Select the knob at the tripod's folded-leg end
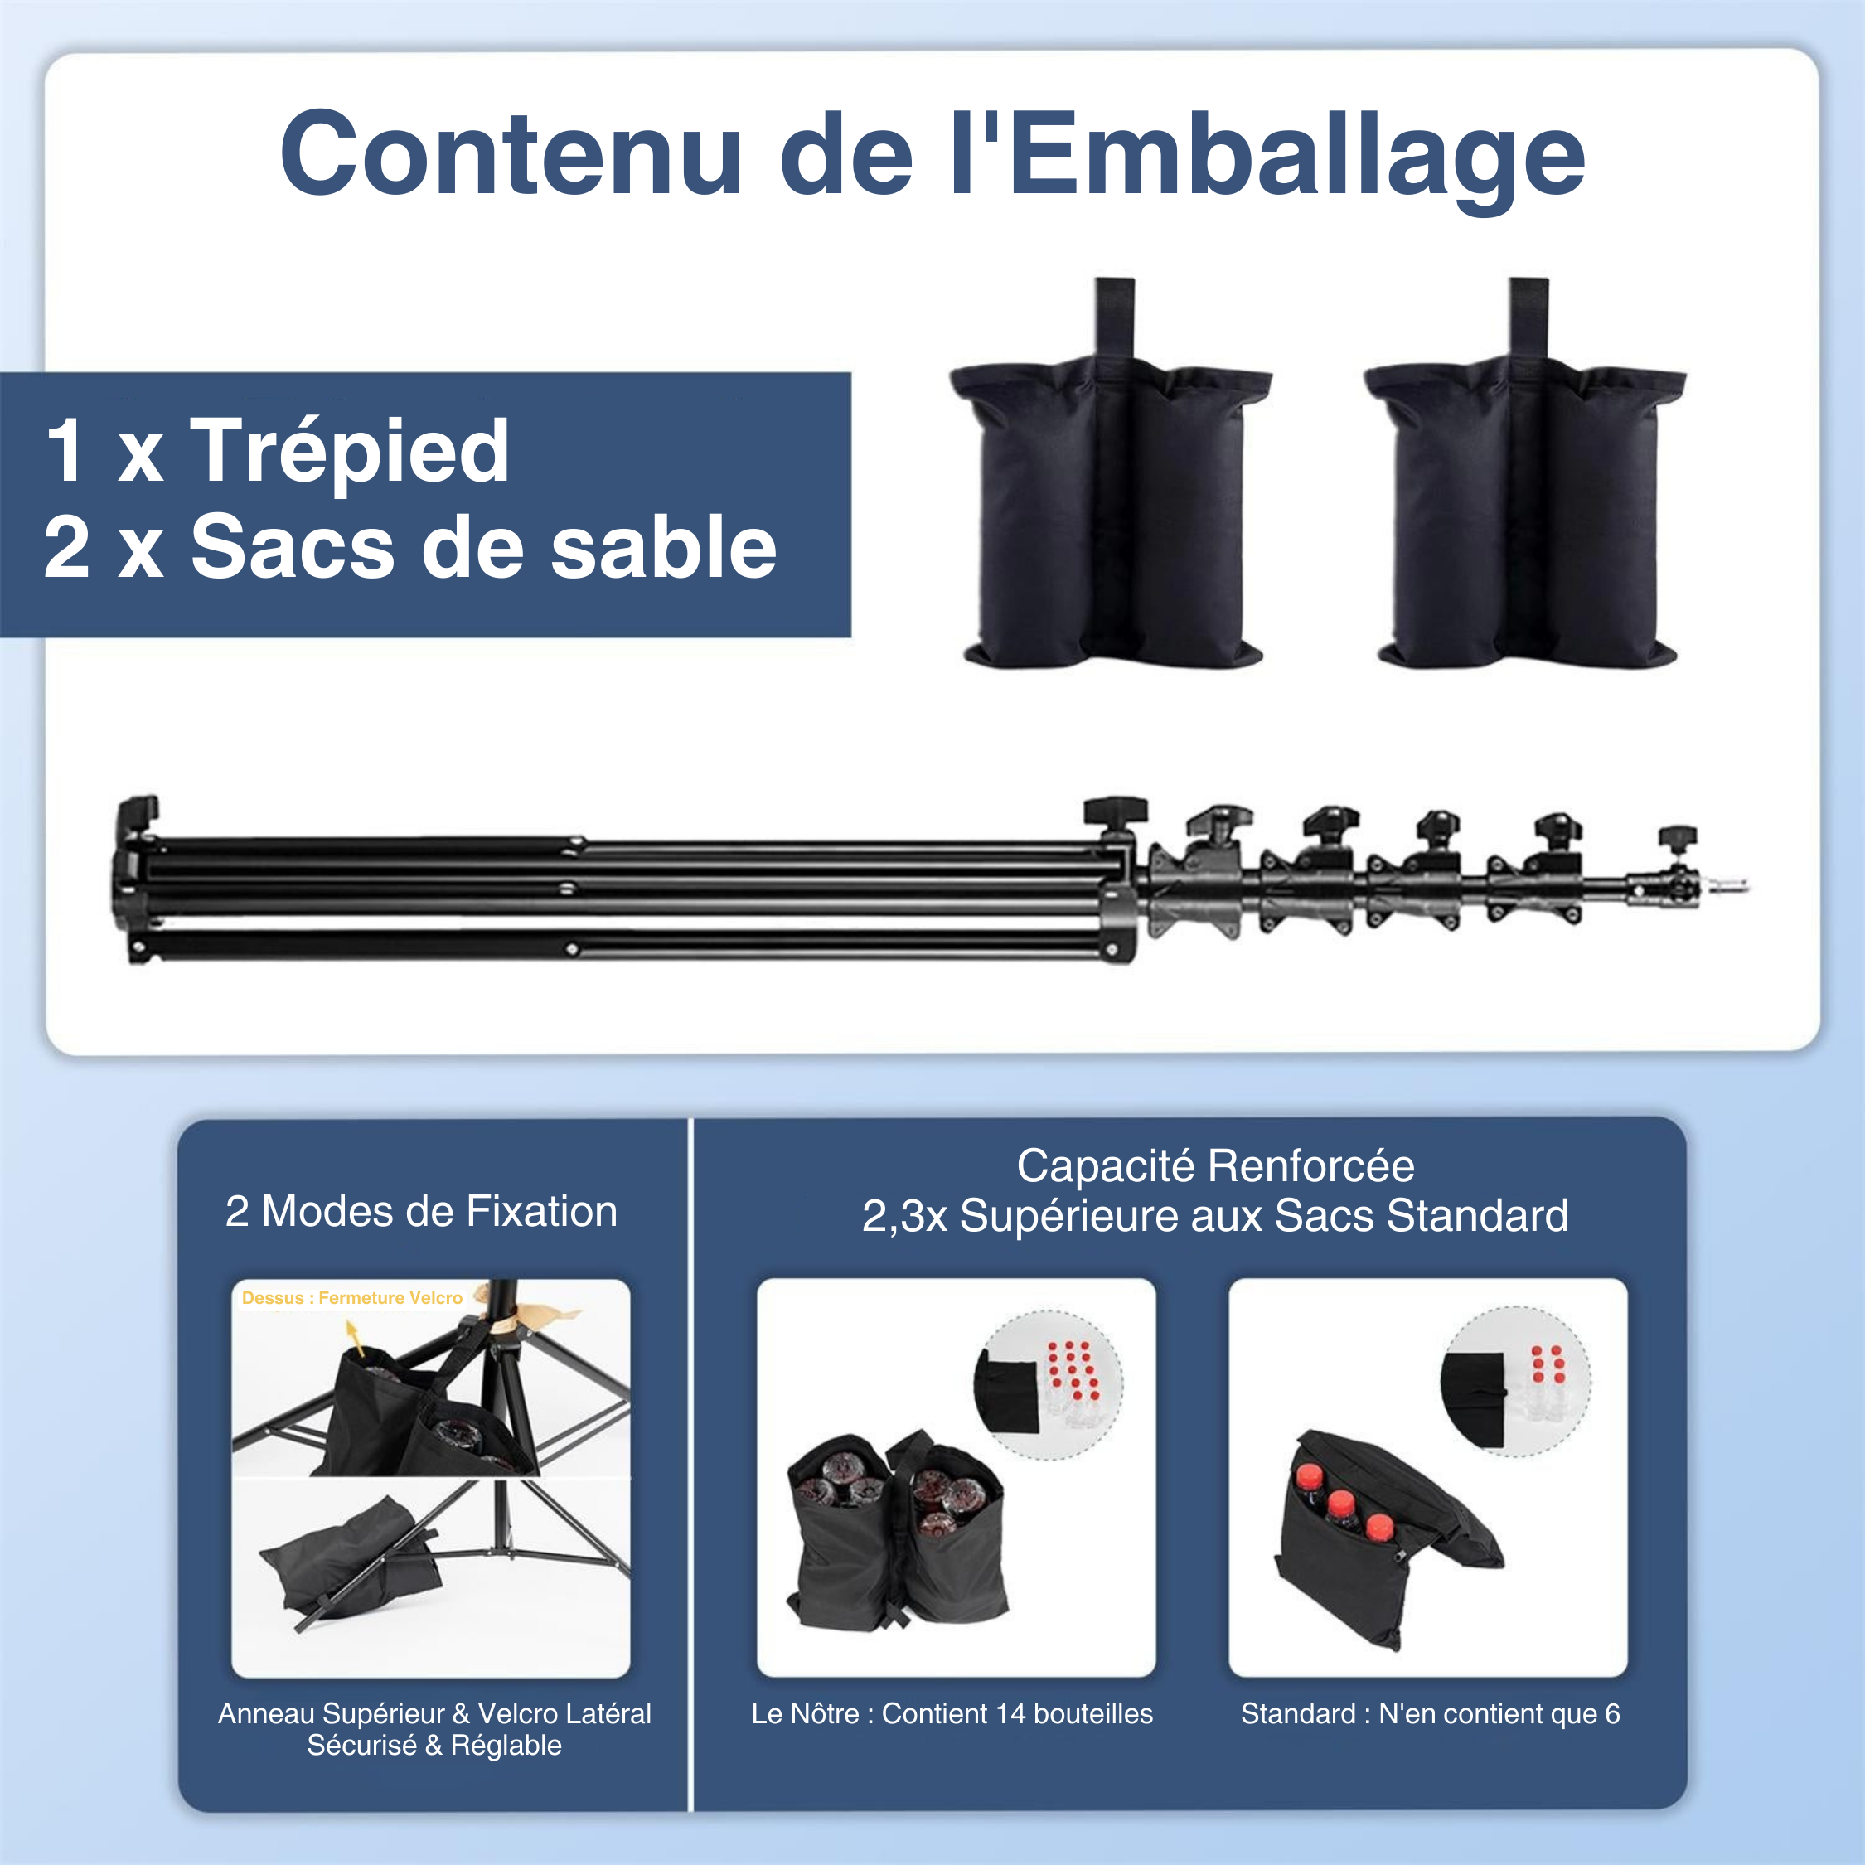[138, 809]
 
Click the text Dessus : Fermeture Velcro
[351, 1298]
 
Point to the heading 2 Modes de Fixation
[421, 1212]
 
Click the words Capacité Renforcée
[1215, 1166]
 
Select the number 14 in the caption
[1010, 1713]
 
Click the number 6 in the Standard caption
[1612, 1713]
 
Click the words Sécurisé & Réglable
[434, 1746]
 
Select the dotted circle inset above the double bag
[1050, 1383]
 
